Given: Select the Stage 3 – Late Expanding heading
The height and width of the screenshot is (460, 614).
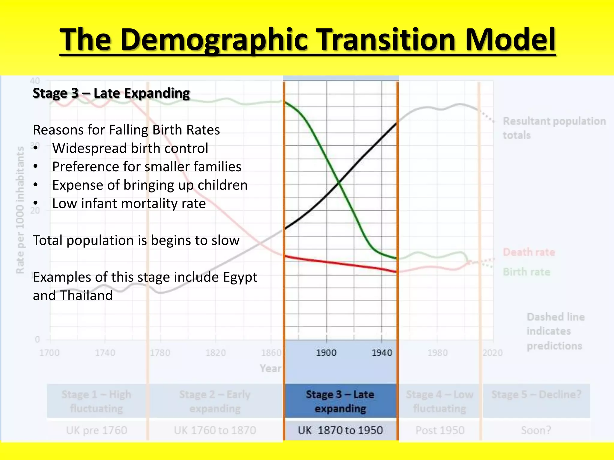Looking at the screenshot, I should click(111, 93).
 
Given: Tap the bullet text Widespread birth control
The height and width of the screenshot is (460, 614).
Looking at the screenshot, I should click(130, 148).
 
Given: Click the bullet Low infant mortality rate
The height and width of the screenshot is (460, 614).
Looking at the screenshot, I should click(129, 204).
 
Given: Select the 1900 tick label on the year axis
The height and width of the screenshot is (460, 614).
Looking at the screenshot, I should click(326, 353).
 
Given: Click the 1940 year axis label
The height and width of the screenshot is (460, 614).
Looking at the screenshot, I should click(382, 353).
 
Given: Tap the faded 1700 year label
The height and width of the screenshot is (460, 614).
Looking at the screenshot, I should click(49, 353).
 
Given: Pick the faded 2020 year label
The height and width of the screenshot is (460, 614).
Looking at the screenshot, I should click(493, 353).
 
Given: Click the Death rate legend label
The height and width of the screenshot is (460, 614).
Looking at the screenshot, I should click(529, 252).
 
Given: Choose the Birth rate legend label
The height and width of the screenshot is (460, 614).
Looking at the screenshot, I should click(526, 272).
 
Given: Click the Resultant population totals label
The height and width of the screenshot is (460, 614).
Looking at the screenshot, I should click(554, 128).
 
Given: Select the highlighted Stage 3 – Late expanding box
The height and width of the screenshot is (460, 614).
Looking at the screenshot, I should click(340, 401).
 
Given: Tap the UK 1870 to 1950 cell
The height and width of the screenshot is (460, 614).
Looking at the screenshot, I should click(340, 430).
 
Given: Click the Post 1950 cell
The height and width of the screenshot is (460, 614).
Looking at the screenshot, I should click(440, 430).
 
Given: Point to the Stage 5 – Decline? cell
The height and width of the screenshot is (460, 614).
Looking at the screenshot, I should click(536, 395).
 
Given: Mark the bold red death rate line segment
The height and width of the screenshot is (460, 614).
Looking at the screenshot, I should click(340, 264).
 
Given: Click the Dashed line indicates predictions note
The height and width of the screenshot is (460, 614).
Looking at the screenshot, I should click(555, 331).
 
